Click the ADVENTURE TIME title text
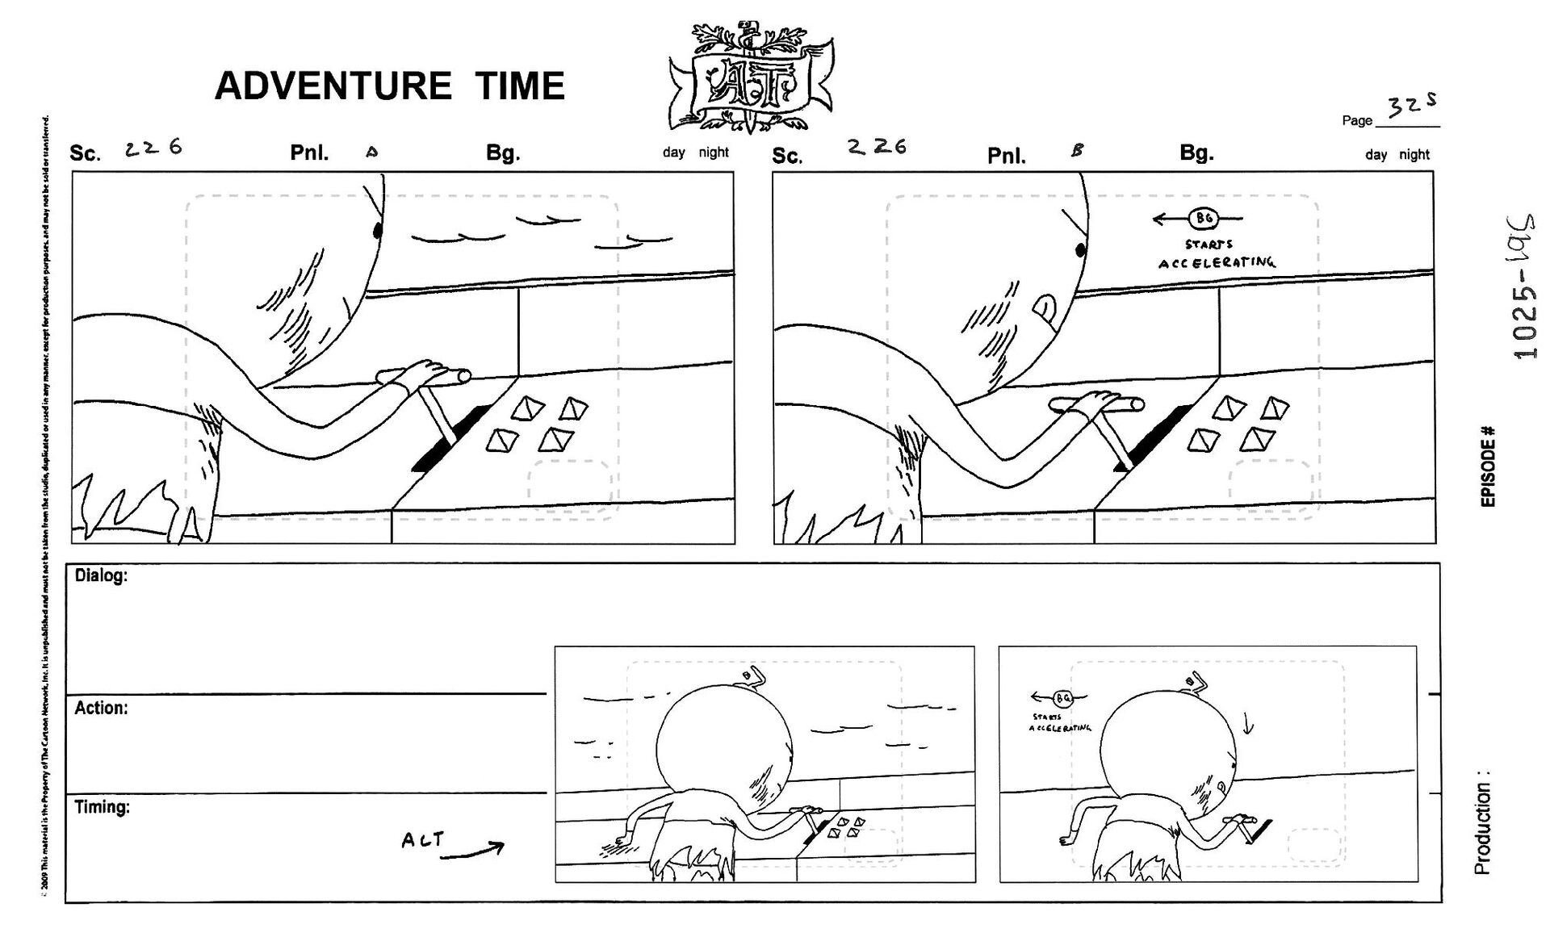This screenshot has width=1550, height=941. (x=389, y=86)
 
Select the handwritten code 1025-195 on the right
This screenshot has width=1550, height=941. (x=1524, y=286)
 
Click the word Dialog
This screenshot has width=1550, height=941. (x=101, y=576)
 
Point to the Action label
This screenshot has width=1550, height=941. (x=101, y=709)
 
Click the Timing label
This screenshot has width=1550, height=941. (x=103, y=807)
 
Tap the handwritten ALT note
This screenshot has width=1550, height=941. (x=423, y=840)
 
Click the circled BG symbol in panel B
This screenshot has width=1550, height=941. (x=1204, y=218)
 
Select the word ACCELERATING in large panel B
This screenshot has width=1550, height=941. (x=1217, y=263)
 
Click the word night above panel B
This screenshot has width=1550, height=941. (x=1414, y=155)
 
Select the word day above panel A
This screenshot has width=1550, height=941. (x=673, y=153)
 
